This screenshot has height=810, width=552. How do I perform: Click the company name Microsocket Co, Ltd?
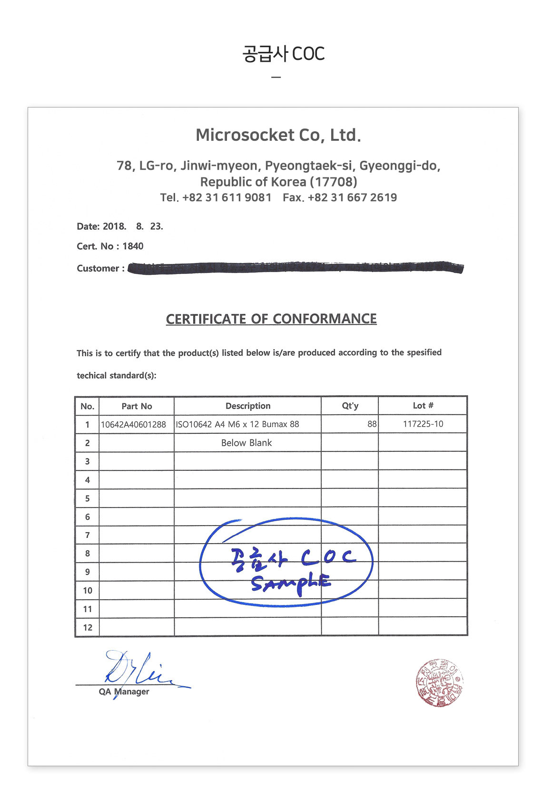(x=278, y=135)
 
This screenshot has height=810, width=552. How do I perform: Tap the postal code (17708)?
(x=333, y=182)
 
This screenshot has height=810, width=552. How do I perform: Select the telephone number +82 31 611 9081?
(x=227, y=198)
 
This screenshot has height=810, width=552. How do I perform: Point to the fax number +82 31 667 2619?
(x=352, y=198)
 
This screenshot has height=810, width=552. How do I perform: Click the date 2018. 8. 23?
(x=133, y=226)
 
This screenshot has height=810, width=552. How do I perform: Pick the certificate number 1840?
(x=133, y=246)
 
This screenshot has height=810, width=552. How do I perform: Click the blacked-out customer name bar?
(x=295, y=268)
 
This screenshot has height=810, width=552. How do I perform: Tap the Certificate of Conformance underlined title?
(x=271, y=319)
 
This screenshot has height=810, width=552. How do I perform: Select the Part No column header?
(x=137, y=406)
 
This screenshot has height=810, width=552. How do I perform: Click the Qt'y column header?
(x=350, y=406)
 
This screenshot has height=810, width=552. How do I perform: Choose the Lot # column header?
(x=423, y=406)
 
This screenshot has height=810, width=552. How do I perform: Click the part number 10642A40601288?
(x=133, y=424)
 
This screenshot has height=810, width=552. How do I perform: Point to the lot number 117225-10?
(x=423, y=424)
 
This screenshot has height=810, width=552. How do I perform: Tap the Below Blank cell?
(x=246, y=443)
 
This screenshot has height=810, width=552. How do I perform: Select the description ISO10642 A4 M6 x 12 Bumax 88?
(x=237, y=424)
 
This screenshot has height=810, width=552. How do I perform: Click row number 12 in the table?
(x=88, y=627)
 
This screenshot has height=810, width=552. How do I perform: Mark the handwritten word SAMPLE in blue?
(x=290, y=583)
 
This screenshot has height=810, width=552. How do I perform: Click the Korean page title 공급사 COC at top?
(x=283, y=54)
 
